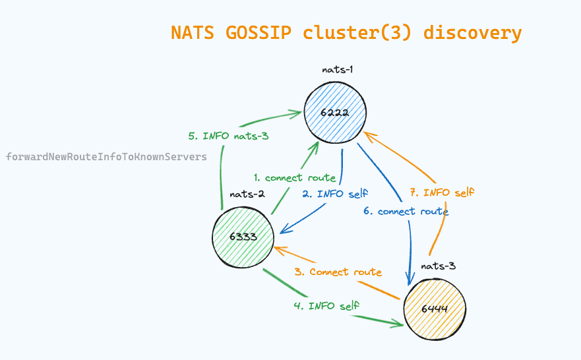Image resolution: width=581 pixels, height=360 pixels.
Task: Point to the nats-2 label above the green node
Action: click(x=247, y=195)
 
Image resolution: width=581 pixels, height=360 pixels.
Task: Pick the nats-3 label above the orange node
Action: click(x=439, y=266)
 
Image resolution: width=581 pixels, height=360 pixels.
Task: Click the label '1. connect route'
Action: click(x=295, y=177)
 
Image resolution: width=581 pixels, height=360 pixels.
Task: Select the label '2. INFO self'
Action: click(x=335, y=194)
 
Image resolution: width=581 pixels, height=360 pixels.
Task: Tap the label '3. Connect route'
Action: click(x=338, y=272)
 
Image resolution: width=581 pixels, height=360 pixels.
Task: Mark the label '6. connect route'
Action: click(x=406, y=212)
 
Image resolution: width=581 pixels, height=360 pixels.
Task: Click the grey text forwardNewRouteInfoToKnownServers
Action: click(x=106, y=157)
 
